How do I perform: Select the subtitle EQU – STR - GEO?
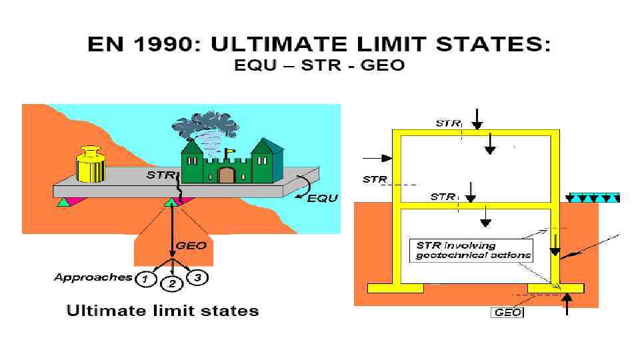point(319,66)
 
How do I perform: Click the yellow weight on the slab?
point(89,165)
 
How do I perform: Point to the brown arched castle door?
point(227,175)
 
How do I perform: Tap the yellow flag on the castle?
point(230,151)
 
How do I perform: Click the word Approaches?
point(93,277)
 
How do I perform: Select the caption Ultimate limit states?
point(162,311)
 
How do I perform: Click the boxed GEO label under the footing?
point(507,312)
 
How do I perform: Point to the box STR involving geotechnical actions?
point(473,250)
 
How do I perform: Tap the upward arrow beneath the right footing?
point(567,304)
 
